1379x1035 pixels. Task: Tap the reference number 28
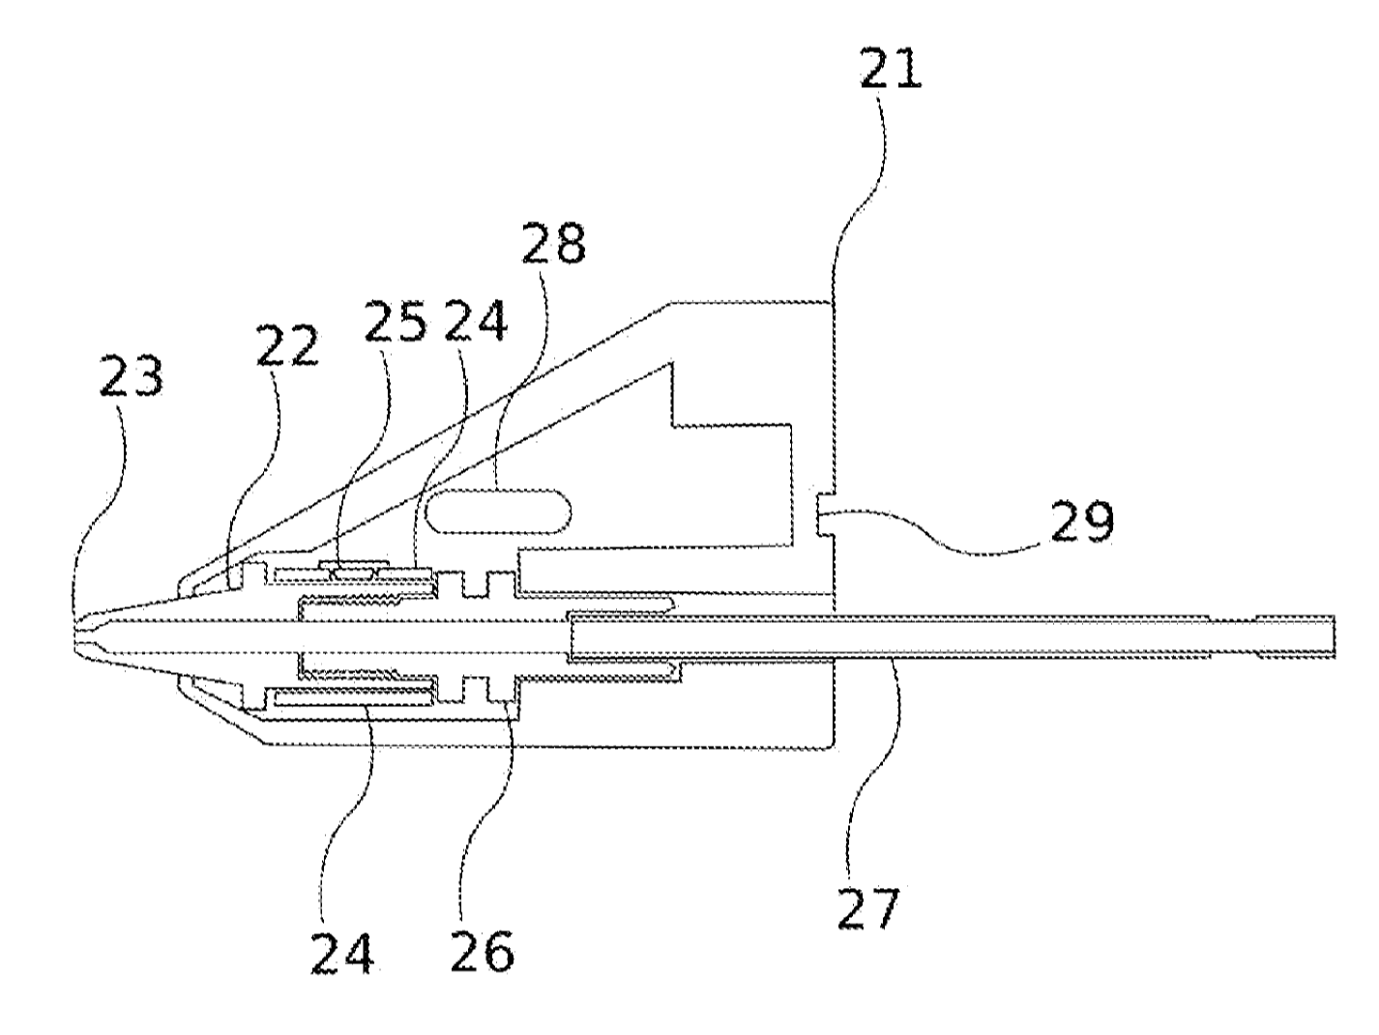(x=553, y=243)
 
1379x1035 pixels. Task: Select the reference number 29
(x=1082, y=521)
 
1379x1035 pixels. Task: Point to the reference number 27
(x=869, y=907)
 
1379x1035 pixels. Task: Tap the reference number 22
(x=286, y=344)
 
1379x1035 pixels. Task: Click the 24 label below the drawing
(x=342, y=952)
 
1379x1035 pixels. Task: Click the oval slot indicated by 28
(x=498, y=512)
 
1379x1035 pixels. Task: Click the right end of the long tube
(x=1334, y=636)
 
